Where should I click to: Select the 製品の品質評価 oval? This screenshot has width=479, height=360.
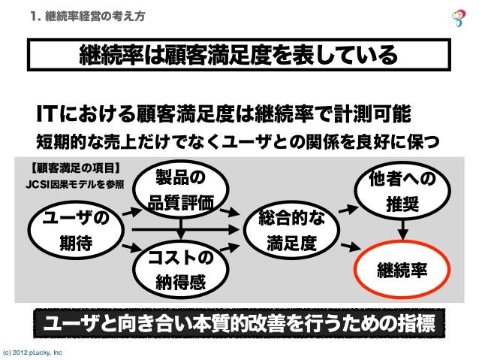pyautogui.click(x=179, y=189)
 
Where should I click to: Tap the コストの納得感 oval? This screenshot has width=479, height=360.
pyautogui.click(x=179, y=270)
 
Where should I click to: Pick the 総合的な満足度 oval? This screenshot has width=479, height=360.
pyautogui.click(x=291, y=230)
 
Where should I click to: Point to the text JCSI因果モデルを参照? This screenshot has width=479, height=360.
pyautogui.click(x=75, y=183)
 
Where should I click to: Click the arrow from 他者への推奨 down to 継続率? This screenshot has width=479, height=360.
pyautogui.click(x=404, y=228)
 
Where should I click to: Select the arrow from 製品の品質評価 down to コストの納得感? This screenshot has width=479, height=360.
pyautogui.click(x=180, y=228)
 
